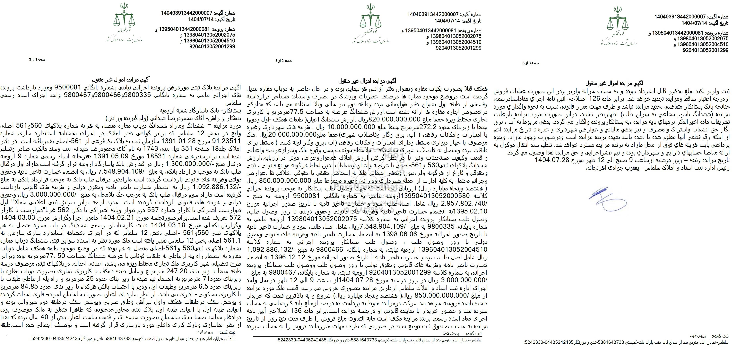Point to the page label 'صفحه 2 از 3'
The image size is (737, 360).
(283, 61)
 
